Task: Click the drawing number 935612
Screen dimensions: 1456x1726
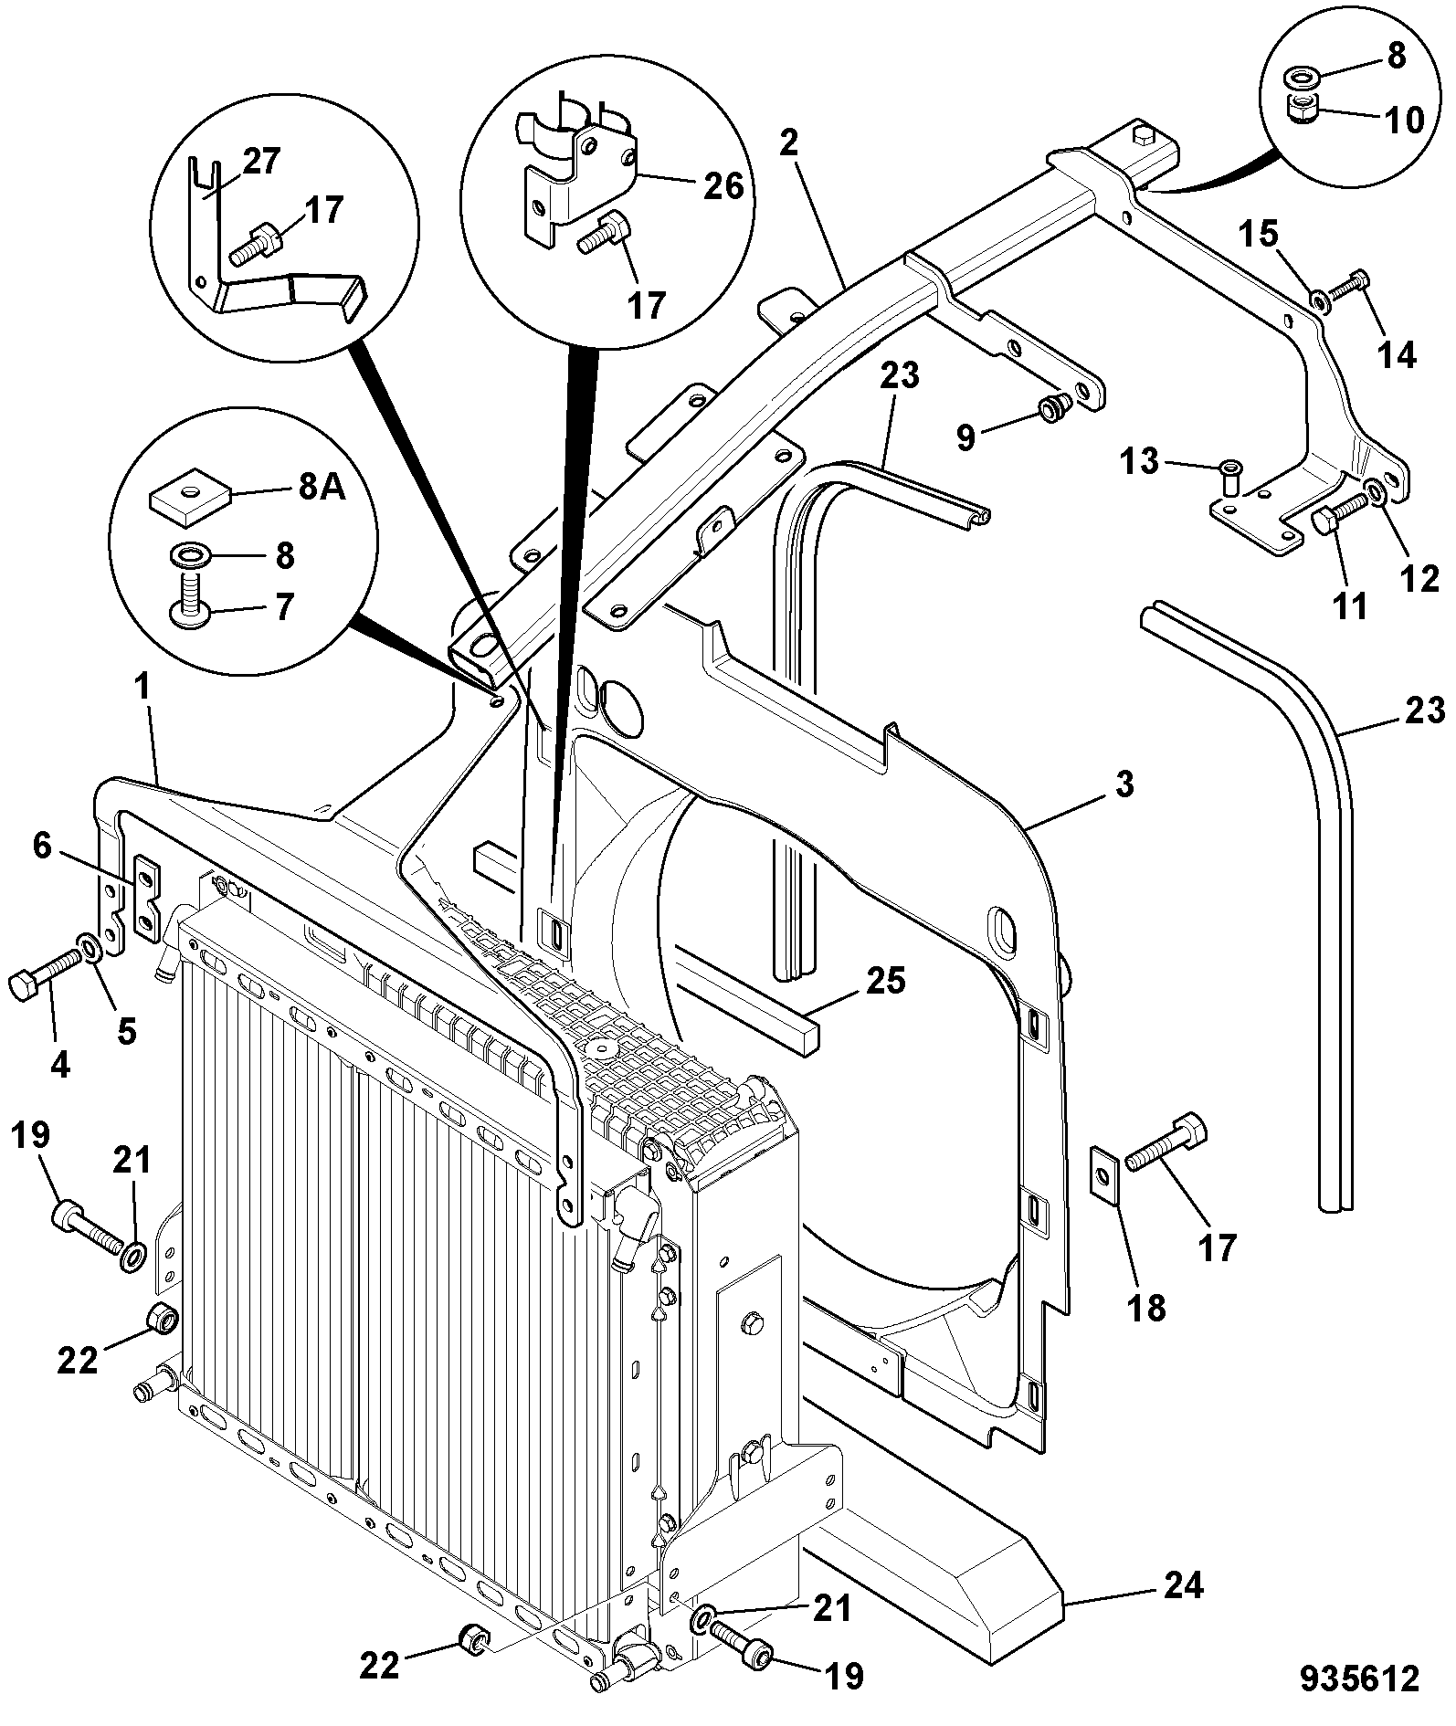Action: click(1360, 1679)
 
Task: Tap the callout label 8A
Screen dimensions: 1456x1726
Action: click(322, 489)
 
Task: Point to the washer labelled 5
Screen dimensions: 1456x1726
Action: click(90, 948)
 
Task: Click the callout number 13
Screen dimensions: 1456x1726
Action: click(1139, 462)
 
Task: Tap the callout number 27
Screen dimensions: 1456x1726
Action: click(262, 160)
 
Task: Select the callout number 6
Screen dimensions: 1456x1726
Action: click(42, 846)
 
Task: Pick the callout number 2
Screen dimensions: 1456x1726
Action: click(789, 143)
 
